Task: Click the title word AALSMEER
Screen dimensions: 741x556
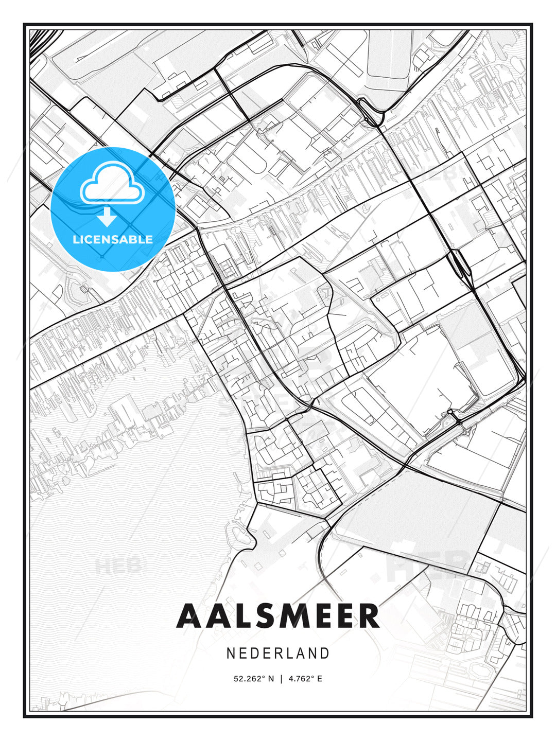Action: (x=278, y=616)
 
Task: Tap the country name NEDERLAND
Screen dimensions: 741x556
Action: (x=278, y=654)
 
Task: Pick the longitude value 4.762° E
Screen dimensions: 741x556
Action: (x=305, y=679)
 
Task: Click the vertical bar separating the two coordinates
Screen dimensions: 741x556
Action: (x=281, y=679)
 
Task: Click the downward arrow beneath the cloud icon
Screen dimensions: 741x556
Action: (x=107, y=217)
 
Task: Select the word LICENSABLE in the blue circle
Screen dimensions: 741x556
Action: (x=113, y=239)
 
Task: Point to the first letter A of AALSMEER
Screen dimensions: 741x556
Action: (x=187, y=616)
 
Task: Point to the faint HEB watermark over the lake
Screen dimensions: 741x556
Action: (x=117, y=566)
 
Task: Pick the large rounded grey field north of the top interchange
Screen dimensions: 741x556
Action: (x=389, y=54)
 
